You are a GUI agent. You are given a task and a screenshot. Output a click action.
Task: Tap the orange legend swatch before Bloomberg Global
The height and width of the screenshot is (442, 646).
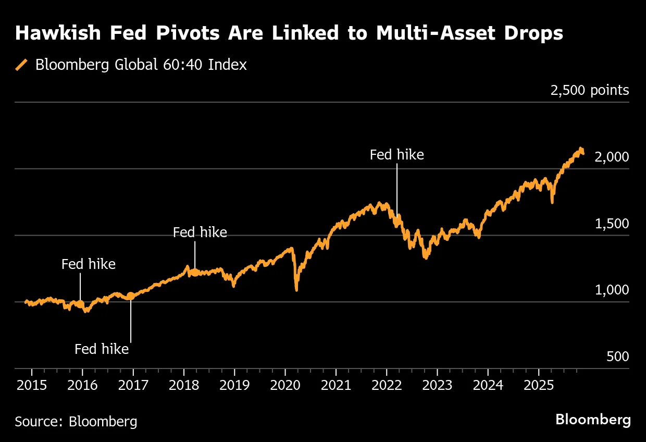22,65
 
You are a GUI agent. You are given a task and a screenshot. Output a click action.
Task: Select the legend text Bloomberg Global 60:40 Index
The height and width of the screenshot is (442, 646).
141,65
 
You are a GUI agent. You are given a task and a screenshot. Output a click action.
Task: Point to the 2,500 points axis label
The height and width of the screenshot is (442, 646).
590,90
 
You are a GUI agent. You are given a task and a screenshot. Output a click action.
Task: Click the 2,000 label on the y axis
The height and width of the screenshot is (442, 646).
612,157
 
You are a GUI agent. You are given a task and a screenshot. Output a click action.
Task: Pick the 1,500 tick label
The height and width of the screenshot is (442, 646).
612,224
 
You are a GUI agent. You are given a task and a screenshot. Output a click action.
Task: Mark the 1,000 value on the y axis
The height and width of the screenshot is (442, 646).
612,290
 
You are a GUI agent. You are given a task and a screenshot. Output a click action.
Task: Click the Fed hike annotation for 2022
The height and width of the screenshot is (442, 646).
396,155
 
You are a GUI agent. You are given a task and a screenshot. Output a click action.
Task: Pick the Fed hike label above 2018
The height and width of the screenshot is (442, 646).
200,232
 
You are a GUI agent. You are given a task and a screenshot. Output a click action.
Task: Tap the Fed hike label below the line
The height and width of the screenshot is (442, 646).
102,349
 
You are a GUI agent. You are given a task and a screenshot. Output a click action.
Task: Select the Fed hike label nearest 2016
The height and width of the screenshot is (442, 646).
89,264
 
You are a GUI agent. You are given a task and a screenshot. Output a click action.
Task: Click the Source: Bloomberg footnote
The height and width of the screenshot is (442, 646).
76,421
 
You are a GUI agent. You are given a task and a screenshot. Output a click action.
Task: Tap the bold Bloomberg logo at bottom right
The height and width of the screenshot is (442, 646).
593,420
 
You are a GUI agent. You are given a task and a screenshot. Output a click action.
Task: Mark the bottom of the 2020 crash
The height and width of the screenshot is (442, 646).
296,289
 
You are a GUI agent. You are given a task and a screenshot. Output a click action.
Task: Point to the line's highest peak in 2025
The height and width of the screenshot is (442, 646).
580,149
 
